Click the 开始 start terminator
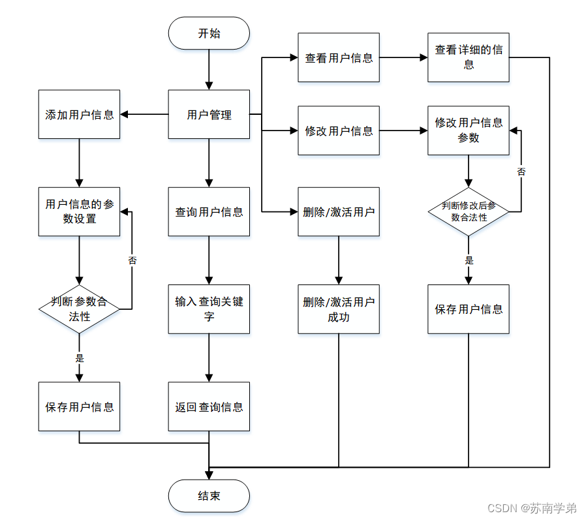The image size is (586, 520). click(x=209, y=33)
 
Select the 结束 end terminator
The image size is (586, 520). click(x=209, y=496)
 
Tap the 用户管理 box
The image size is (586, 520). click(x=209, y=114)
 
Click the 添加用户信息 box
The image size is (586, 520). click(x=79, y=114)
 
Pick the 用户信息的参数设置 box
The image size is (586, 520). click(x=79, y=211)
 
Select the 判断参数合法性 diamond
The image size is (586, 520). click(x=79, y=309)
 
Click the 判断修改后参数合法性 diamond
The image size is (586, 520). click(x=469, y=211)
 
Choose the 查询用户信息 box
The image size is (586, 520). click(x=209, y=211)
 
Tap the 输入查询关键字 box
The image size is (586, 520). click(x=209, y=309)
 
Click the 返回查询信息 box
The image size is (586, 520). click(x=209, y=406)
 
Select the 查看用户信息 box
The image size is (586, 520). click(x=339, y=57)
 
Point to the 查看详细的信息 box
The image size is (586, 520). click(x=469, y=57)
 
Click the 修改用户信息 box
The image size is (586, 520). click(x=339, y=130)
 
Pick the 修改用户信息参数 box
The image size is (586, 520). click(x=469, y=130)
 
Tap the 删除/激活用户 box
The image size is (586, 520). click(x=339, y=211)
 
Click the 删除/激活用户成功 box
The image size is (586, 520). click(x=339, y=309)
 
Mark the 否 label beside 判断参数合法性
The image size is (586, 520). click(x=132, y=260)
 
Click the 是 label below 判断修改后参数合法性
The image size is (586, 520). click(x=469, y=260)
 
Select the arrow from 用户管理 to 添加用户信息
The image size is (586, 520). click(x=144, y=114)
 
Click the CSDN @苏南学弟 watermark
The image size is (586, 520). click(x=532, y=508)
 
